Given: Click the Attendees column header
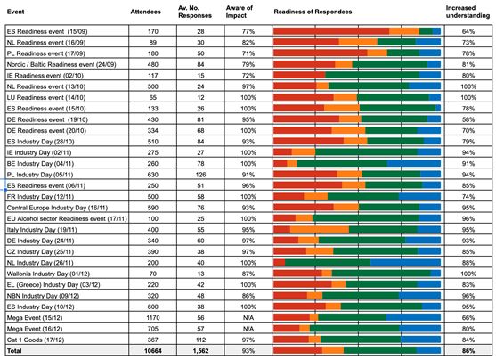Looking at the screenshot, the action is (x=145, y=12).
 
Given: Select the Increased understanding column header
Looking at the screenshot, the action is (x=468, y=12).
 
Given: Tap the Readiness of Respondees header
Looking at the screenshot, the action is (x=313, y=12).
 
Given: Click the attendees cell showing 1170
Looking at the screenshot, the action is (x=153, y=318).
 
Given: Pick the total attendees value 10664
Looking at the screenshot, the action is (x=153, y=351).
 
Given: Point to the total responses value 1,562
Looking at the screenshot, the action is (x=200, y=351).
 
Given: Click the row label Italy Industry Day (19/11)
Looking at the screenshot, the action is (x=42, y=230).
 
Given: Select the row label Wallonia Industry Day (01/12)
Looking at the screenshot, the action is (x=48, y=274).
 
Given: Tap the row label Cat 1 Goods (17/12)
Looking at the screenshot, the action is (x=36, y=340).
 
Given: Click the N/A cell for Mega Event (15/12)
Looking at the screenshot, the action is (x=248, y=318).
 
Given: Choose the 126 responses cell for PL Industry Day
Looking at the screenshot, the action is (x=200, y=175).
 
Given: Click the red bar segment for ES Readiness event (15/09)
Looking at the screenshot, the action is (x=331, y=31).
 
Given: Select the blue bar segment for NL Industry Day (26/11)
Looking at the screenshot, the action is (x=405, y=263).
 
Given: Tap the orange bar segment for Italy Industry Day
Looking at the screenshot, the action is (x=320, y=230).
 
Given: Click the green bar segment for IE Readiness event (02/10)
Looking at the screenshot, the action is (x=372, y=75).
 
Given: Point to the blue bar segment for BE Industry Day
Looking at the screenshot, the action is (x=414, y=163).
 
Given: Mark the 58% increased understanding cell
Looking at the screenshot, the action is (x=468, y=119).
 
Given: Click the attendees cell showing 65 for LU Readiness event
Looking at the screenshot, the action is (x=153, y=97).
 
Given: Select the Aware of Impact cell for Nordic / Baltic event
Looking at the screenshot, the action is (x=248, y=64).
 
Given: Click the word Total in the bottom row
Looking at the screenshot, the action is (x=14, y=351).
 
